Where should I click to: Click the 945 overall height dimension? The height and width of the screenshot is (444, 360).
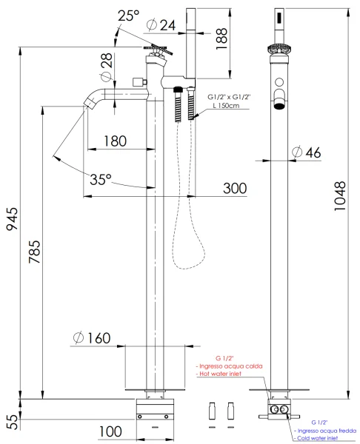12,219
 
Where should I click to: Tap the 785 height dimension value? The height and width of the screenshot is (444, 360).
35,252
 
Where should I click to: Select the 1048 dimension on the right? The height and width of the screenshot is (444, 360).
340,196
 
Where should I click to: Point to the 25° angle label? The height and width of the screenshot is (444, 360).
128,16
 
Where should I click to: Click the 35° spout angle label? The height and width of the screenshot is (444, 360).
101,179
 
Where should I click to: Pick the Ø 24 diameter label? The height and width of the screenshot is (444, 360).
161,25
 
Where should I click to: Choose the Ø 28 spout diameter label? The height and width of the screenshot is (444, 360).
107,67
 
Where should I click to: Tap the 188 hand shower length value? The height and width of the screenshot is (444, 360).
221,38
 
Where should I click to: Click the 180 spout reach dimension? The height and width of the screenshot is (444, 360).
115,141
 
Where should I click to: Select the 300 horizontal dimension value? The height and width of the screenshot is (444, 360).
235,188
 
